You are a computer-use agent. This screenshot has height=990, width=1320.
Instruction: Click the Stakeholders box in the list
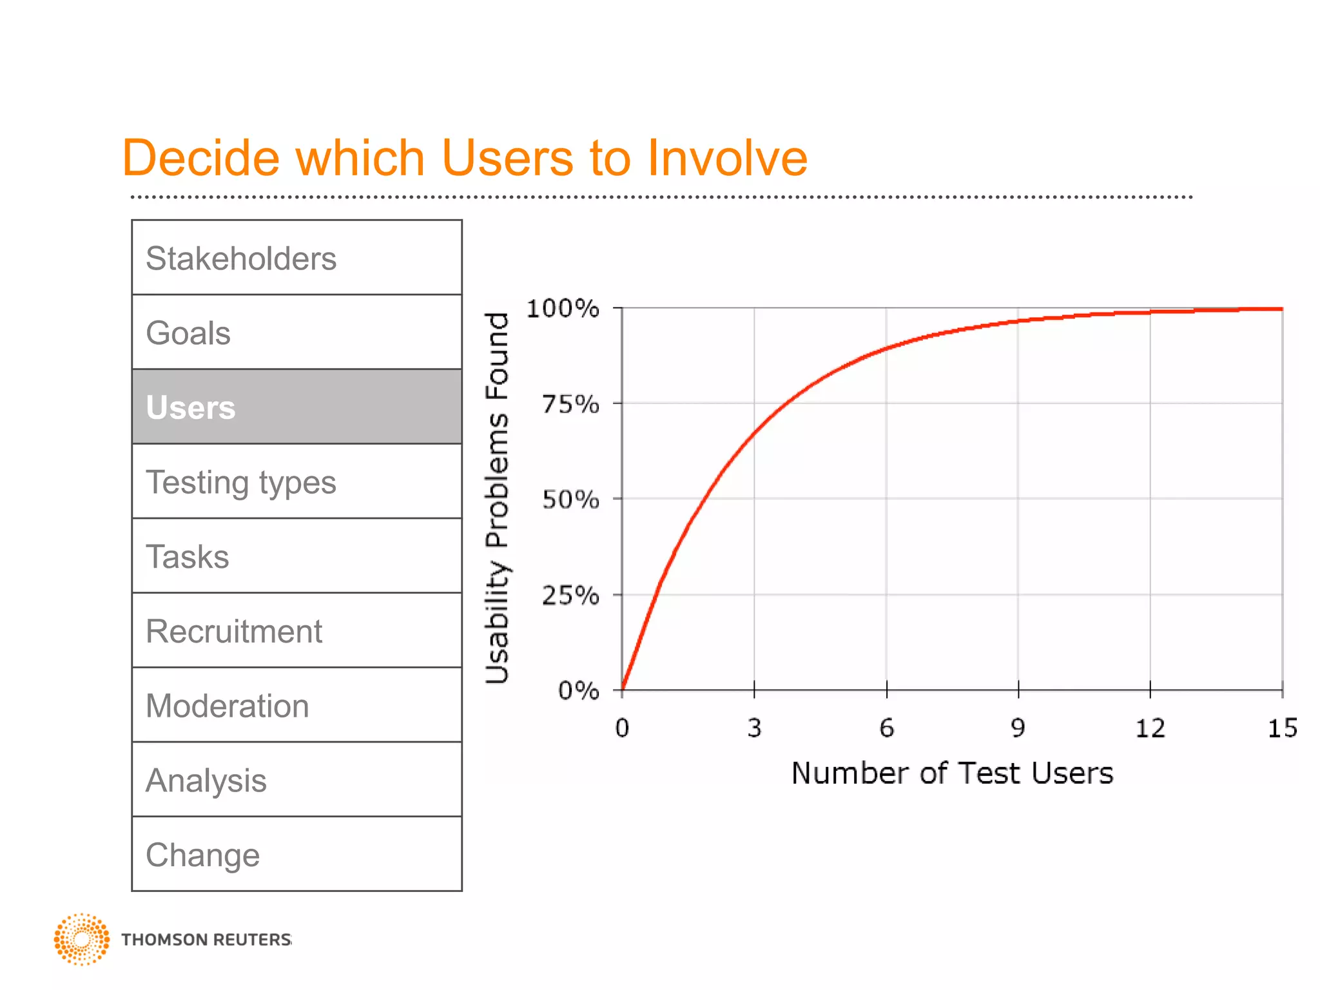click(296, 258)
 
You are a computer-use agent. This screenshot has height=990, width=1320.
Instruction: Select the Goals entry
click(296, 333)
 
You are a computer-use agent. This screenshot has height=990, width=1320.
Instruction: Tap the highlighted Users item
click(296, 407)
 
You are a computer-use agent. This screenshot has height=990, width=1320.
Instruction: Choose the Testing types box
click(296, 481)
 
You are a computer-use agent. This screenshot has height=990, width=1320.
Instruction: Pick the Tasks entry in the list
click(296, 556)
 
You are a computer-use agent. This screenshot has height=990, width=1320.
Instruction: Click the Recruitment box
click(296, 631)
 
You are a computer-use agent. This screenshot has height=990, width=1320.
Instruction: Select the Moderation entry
click(296, 705)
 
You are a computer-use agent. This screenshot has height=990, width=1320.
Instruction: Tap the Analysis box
click(296, 780)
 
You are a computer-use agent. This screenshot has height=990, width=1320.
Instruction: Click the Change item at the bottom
click(296, 855)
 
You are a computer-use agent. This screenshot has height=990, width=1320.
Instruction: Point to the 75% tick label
click(570, 405)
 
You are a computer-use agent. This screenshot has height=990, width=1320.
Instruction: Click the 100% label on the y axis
click(563, 309)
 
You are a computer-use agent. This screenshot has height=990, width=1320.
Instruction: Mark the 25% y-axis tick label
click(570, 596)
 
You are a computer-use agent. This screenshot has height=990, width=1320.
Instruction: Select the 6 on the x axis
click(886, 728)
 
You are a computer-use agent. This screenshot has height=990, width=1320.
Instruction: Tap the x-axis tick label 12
click(1150, 728)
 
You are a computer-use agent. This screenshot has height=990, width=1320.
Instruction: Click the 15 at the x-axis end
click(1282, 728)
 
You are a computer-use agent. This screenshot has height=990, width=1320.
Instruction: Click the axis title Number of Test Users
click(952, 773)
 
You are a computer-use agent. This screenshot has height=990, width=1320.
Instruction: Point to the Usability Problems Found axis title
click(498, 498)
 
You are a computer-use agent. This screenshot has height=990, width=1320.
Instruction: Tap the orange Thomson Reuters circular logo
click(81, 939)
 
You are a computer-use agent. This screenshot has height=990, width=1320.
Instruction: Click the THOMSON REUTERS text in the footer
click(206, 940)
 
